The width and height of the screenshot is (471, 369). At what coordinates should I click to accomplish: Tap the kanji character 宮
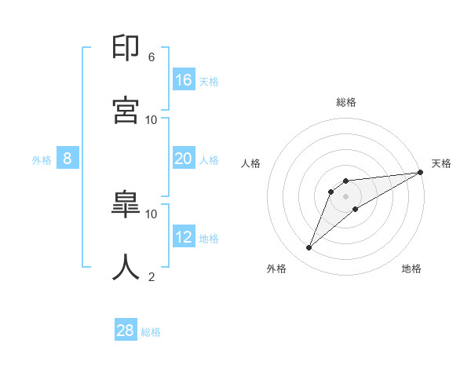point(126,109)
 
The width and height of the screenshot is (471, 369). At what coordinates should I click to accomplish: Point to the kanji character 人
point(126,266)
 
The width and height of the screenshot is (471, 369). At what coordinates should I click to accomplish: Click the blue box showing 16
point(184,80)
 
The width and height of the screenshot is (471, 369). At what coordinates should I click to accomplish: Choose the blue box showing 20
point(184,159)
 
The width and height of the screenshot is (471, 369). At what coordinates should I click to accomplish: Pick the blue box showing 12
point(184,237)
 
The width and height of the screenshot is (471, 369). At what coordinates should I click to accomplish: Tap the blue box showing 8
point(68,159)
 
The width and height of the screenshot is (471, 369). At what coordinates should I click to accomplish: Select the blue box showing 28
point(126,331)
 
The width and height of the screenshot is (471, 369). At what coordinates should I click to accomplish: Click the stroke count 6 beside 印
point(152,57)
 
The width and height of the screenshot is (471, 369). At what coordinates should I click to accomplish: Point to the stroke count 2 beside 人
point(152,276)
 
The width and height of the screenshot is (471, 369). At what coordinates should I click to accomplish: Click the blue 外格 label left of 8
point(42,160)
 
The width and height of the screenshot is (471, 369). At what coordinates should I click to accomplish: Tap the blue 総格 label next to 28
point(151,332)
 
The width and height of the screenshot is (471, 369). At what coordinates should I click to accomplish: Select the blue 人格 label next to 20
point(209,160)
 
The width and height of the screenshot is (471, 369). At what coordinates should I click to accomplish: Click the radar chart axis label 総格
point(346,102)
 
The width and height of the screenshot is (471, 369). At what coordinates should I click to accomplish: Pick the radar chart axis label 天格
point(441,163)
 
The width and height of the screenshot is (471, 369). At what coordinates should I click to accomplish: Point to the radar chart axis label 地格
point(411,269)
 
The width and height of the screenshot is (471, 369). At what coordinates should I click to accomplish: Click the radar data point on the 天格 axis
point(420,172)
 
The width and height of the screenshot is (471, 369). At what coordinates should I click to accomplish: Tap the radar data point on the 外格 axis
point(309,248)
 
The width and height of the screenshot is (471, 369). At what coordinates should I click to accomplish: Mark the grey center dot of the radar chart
point(346,195)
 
